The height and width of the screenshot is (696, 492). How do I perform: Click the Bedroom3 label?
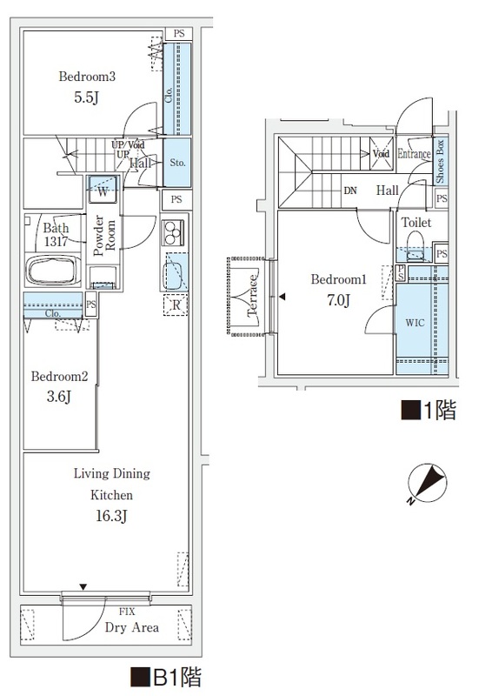pos(87,77)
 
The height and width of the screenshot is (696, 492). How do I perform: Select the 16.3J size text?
pos(111,516)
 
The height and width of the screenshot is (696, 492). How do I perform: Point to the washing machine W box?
pos(103,191)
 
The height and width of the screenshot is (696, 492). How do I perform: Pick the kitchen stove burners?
pos(173,234)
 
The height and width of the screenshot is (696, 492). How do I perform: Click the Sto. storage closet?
pos(176,163)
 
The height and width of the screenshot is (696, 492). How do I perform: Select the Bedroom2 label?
pos(59,377)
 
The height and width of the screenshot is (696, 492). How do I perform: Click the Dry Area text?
pos(131,627)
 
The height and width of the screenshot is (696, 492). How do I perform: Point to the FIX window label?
pos(127,612)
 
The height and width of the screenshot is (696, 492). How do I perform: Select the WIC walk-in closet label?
pos(415,321)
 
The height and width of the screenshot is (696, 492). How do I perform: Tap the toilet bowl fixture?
pos(415,241)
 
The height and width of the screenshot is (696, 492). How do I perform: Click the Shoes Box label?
pos(440,160)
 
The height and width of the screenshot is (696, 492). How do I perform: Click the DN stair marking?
pos(349,191)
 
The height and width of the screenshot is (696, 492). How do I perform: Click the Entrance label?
pos(414,154)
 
